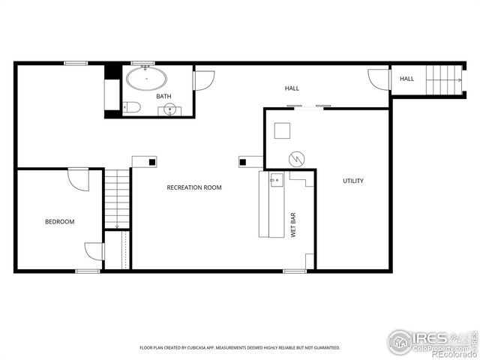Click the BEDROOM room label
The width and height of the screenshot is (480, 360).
click(60, 221)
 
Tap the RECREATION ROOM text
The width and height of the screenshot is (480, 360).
click(194, 187)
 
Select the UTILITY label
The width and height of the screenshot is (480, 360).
click(353, 181)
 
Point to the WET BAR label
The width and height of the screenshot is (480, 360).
click(293, 225)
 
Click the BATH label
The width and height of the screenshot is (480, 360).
click(163, 97)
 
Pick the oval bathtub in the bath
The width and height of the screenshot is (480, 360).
click(147, 78)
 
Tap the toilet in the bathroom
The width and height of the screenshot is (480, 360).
click(130, 106)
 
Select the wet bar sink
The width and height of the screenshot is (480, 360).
click(276, 180)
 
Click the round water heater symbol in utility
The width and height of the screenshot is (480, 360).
click(297, 158)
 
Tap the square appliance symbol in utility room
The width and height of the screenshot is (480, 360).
click(283, 130)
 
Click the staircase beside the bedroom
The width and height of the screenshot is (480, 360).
click(117, 199)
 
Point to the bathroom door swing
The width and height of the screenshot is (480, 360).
click(203, 79)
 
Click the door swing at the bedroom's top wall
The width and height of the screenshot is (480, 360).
click(78, 179)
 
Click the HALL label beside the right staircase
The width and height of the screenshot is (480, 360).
click(406, 79)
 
